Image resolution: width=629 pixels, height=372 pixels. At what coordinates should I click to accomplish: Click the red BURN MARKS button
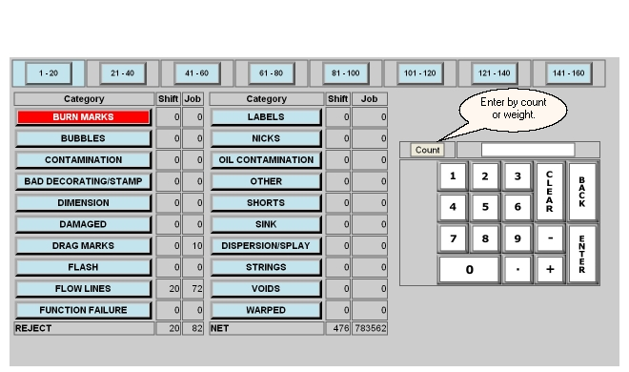click(x=83, y=116)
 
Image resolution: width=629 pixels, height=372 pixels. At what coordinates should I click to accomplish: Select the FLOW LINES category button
click(x=83, y=288)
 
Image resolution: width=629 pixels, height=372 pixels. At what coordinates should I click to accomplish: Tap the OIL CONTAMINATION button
click(x=266, y=159)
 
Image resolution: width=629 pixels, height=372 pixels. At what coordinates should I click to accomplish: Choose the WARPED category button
click(x=266, y=310)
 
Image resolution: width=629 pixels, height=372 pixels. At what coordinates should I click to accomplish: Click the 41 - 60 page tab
click(x=197, y=73)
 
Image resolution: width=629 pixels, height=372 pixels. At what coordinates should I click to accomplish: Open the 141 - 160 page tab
click(x=568, y=73)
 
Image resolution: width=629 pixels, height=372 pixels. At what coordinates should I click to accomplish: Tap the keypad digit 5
click(x=485, y=207)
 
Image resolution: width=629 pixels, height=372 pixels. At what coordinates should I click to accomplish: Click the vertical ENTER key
click(x=582, y=254)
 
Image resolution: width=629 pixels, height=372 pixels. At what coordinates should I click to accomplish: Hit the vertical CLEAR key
click(x=550, y=192)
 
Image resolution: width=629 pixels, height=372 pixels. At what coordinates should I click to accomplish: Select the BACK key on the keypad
click(x=582, y=192)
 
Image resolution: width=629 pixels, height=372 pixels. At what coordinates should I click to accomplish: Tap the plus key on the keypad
click(x=550, y=269)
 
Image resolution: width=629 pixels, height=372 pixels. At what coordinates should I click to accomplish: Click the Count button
click(x=427, y=150)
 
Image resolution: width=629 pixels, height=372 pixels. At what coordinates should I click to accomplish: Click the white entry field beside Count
click(x=528, y=150)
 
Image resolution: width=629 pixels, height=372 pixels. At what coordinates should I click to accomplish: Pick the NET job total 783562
click(x=370, y=328)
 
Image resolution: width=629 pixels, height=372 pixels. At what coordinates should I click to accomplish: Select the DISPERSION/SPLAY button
click(x=266, y=245)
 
